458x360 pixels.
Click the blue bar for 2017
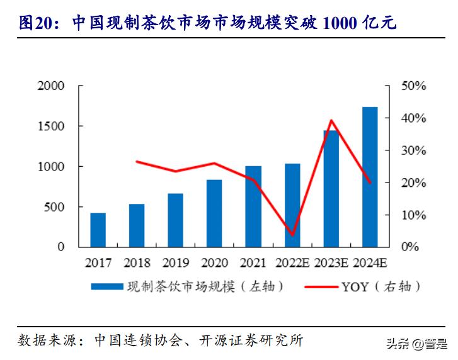[98, 230]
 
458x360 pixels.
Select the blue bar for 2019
[176, 220]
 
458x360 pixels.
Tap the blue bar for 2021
[253, 206]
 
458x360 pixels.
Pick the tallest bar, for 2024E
[370, 177]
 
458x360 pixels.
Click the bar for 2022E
[292, 205]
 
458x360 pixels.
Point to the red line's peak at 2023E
[331, 120]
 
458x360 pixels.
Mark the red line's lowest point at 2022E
[292, 235]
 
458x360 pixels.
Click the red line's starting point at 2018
[137, 162]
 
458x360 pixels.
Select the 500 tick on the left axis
[55, 207]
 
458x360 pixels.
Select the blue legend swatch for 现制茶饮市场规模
[105, 287]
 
